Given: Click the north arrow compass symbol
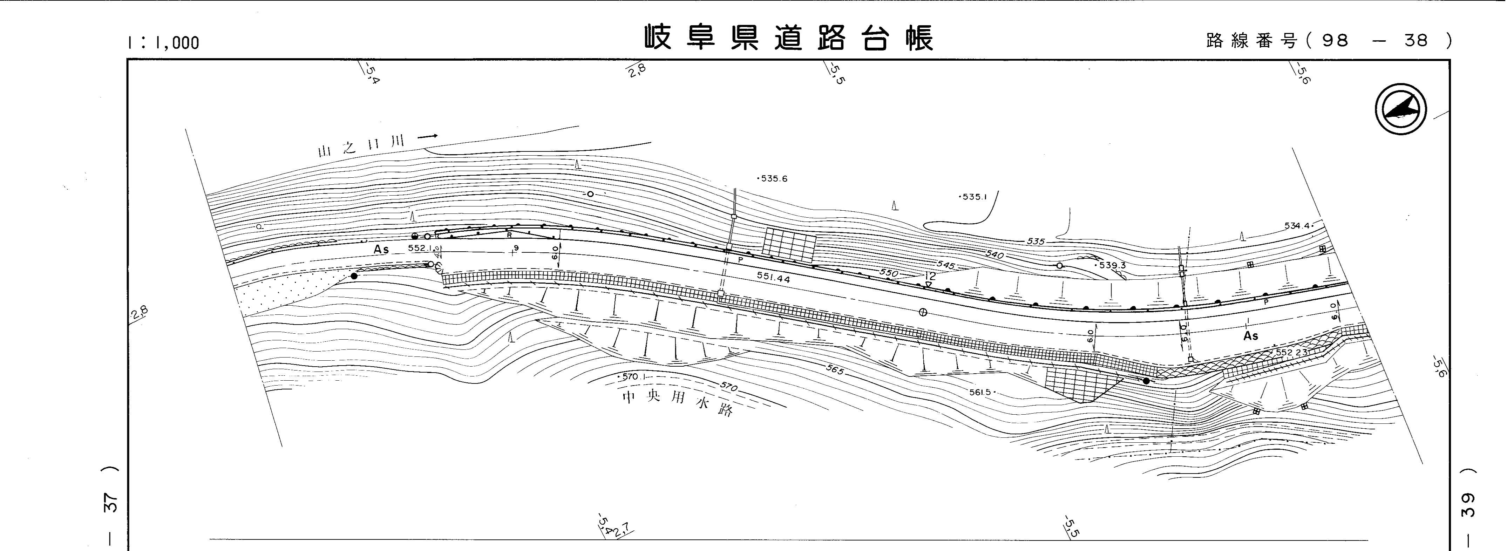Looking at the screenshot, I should tap(1400, 109).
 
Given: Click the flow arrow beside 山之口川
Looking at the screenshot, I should tap(428, 136).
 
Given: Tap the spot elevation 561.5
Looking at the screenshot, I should tap(981, 392).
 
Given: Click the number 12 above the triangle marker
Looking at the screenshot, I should tap(930, 275).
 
